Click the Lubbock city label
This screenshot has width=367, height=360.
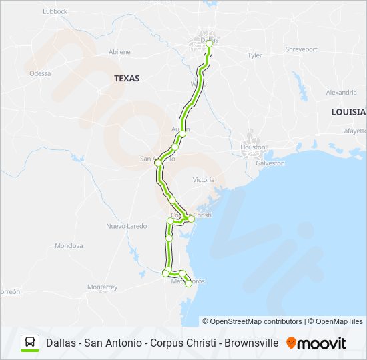pos(55,11)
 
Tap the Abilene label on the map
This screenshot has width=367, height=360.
pos(119,51)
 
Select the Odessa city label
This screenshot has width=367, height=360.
pos(40,73)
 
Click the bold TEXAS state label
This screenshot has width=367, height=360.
pos(127,78)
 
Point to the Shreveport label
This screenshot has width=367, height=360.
pos(301,49)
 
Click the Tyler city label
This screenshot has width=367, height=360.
pos(255,55)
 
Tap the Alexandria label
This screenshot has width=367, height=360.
pos(341,92)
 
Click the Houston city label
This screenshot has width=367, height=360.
pos(253,147)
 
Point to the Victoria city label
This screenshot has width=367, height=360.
pos(204,180)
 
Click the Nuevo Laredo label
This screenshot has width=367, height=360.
pos(126,226)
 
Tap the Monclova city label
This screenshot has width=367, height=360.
pos(69,245)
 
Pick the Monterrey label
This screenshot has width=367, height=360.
pos(102,287)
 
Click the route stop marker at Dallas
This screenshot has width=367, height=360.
pos(209,43)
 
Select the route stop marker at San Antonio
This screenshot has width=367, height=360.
pos(159,163)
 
